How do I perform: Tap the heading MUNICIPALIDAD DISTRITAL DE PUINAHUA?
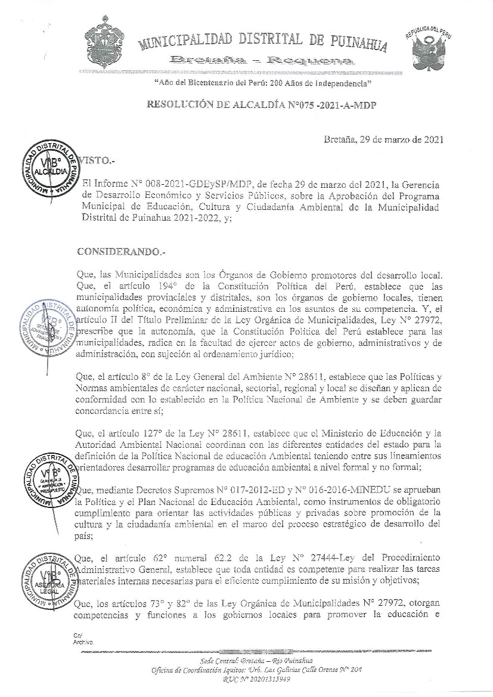[263, 42]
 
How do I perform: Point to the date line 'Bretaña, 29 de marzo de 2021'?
[383, 141]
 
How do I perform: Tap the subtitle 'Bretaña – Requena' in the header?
[262, 60]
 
